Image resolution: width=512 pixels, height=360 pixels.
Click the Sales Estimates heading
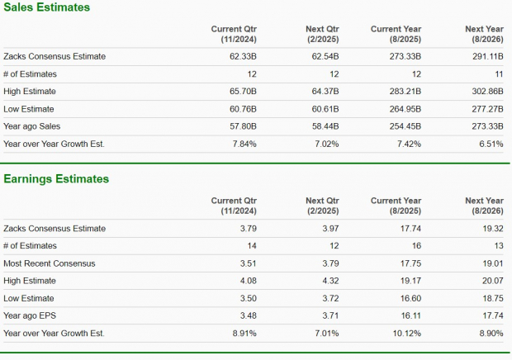47,7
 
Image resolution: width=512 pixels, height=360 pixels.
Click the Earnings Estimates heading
56,179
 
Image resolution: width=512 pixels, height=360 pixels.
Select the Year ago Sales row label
32,126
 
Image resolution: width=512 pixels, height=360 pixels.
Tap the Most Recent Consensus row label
50,263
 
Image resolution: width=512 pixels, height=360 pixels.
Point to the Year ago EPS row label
31,315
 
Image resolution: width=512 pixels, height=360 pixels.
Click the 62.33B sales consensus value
241,57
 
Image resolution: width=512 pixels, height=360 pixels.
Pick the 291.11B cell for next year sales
486,57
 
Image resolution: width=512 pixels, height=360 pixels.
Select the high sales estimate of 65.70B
241,92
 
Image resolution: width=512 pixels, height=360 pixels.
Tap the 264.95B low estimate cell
405,109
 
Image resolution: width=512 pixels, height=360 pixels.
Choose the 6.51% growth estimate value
490,144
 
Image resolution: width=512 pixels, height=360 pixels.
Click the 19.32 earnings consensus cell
492,229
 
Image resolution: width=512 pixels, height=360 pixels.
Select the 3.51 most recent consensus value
248,263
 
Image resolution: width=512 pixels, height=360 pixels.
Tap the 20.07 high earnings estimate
492,281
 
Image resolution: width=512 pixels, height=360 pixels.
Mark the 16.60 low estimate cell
410,298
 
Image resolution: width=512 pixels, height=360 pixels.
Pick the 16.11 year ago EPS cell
410,315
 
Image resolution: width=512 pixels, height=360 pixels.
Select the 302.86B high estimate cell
486,92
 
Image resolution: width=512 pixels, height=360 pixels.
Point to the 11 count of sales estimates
499,74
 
